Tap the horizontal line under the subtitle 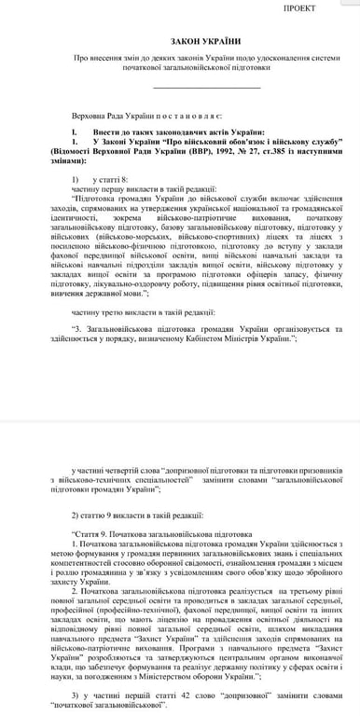(205, 89)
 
